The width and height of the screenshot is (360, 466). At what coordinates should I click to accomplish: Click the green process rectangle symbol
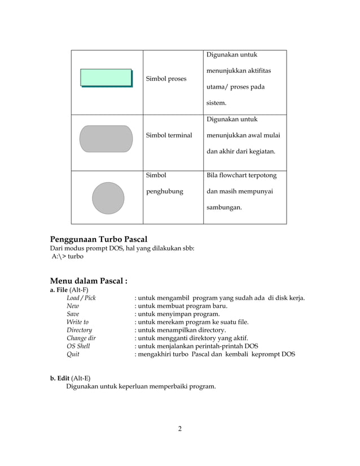coord(106,78)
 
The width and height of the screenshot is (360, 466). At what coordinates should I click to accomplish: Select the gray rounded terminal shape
coord(106,139)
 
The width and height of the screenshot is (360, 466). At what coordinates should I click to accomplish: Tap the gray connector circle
coord(108,198)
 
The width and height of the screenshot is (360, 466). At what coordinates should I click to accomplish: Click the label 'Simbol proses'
coord(166,79)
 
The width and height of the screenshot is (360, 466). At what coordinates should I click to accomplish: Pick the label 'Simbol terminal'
coord(169,135)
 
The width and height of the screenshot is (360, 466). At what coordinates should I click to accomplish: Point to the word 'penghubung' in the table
coord(165,191)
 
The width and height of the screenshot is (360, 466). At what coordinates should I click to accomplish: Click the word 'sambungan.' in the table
coord(224,208)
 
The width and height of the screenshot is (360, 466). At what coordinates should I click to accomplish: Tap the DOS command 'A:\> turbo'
coord(67,256)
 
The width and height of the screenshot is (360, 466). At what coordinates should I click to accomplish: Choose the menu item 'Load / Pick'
coord(81,298)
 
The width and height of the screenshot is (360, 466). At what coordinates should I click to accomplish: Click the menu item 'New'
coord(73,306)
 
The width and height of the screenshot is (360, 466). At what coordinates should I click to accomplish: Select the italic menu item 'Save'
coord(73,314)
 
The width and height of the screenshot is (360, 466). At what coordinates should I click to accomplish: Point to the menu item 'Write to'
coord(77,322)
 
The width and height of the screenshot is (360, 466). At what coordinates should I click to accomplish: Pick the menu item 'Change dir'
coord(81,338)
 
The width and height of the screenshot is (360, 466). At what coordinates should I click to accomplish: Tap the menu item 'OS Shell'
coord(78,346)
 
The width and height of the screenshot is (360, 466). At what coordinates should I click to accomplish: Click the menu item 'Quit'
coord(73,354)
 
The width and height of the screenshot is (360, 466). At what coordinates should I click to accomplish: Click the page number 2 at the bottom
coord(179,429)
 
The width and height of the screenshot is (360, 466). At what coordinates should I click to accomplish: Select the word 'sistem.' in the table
coord(216,103)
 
